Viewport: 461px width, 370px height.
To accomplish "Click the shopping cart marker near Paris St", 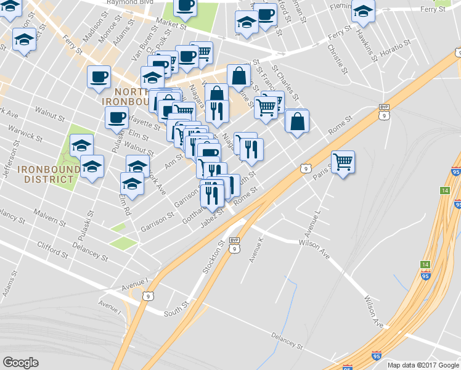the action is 343,162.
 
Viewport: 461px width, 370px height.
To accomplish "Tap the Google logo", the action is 20,363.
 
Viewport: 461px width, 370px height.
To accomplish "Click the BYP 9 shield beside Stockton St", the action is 234,245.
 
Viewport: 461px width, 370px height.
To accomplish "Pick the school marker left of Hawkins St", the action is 362,12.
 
